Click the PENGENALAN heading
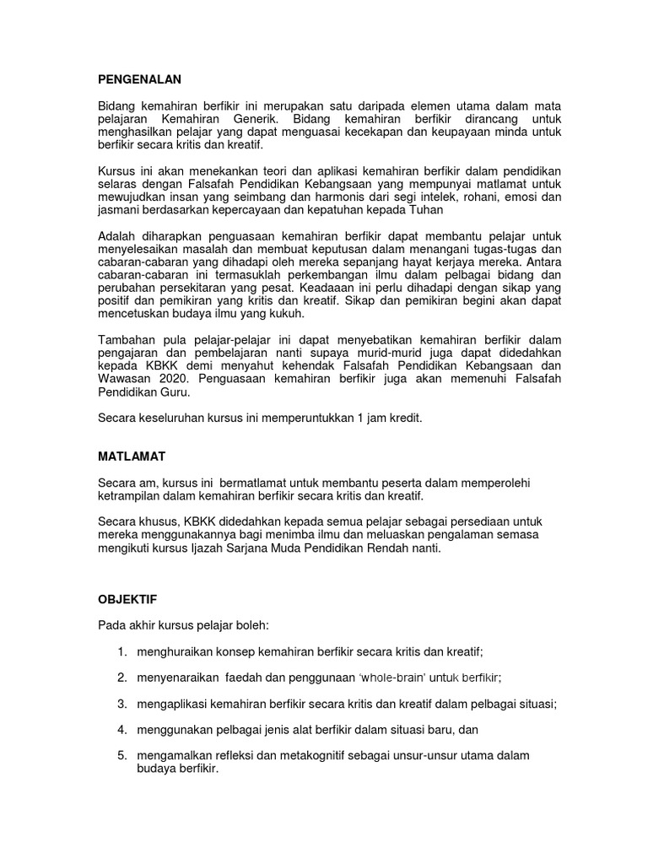140,79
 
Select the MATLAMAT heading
132,456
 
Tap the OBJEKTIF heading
128,599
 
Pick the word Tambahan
127,340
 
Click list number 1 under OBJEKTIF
122,651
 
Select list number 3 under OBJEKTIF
122,704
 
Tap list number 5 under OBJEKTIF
122,755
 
